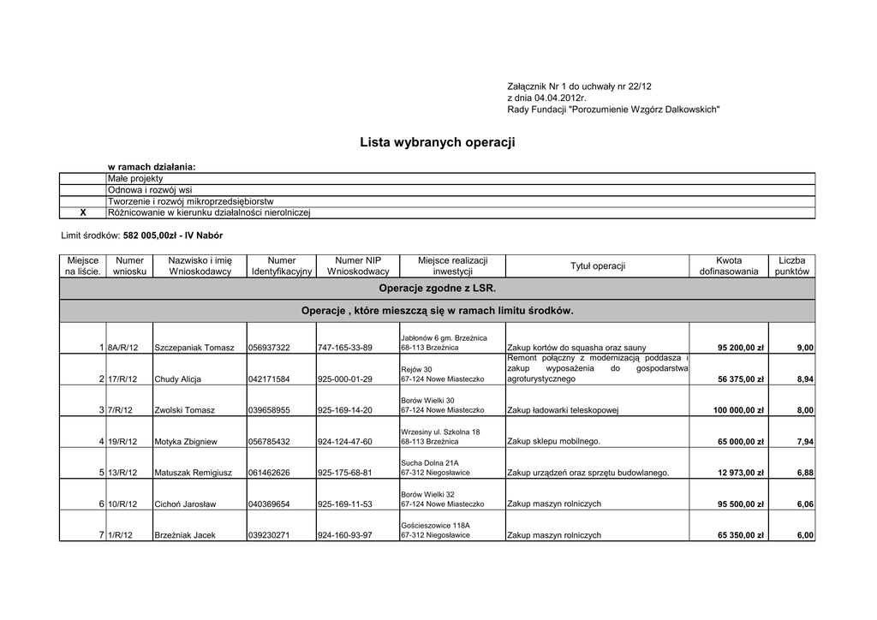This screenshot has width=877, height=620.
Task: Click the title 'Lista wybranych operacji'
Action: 438,142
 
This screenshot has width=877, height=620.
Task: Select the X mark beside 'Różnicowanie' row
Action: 83,212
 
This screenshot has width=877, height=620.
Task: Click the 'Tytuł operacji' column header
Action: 598,265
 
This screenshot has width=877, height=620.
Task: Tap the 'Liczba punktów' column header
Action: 791,265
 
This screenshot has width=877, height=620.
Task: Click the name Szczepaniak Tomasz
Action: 194,348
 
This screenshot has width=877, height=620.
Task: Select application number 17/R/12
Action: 122,379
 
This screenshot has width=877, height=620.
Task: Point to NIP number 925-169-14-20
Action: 344,410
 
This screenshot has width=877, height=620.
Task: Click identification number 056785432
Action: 269,442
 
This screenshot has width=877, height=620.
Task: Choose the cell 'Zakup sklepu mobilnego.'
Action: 554,442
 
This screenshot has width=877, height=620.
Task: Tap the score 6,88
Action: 804,473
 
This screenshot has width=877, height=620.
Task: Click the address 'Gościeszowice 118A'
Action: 435,525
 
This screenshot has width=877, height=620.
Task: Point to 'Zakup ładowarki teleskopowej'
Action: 563,410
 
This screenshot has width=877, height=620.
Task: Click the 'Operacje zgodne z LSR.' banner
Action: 437,289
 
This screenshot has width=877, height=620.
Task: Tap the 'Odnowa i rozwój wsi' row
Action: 149,189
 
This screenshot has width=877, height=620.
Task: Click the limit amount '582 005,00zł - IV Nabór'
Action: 172,235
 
